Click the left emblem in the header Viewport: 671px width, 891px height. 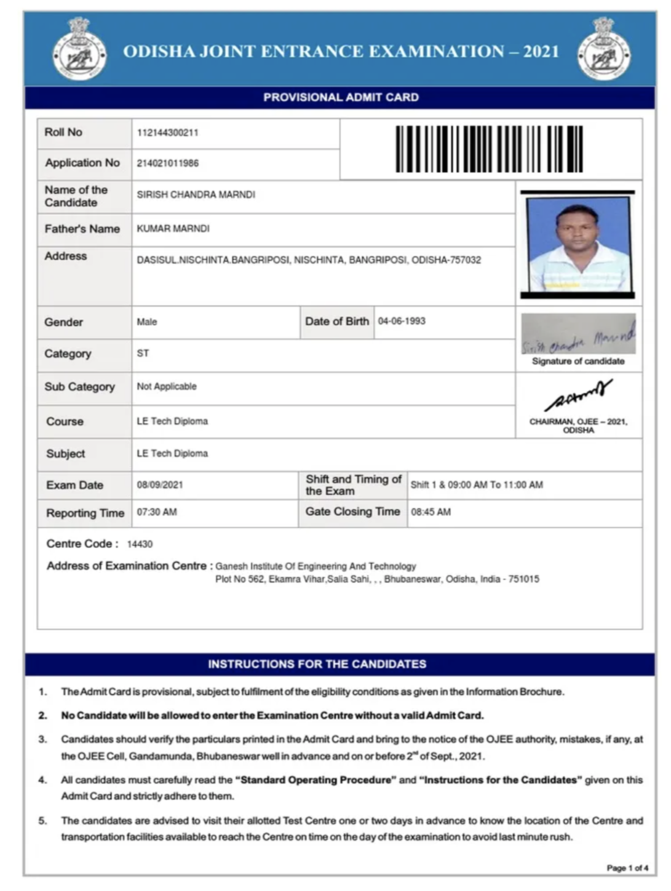click(x=79, y=49)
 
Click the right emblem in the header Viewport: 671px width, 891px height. click(x=604, y=49)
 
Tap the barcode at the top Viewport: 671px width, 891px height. click(x=489, y=149)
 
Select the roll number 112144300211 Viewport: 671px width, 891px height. click(x=167, y=133)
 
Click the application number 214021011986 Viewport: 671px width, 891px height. click(x=167, y=164)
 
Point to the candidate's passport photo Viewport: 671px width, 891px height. click(x=578, y=245)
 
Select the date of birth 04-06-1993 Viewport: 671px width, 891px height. click(x=402, y=321)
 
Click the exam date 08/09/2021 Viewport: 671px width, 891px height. click(x=160, y=485)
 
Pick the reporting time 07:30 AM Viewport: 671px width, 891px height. click(x=157, y=512)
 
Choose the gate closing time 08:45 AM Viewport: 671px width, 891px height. click(x=431, y=512)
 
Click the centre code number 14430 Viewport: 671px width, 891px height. click(x=140, y=544)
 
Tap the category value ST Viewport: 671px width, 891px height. click(x=143, y=354)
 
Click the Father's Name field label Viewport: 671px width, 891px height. click(x=82, y=229)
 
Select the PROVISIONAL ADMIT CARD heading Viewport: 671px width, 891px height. click(x=341, y=97)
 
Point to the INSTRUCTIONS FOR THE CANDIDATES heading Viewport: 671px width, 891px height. click(x=317, y=664)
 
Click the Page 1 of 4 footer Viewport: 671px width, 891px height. click(x=627, y=868)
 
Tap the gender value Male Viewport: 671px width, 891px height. click(x=147, y=322)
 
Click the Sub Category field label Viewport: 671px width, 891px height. click(x=79, y=387)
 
